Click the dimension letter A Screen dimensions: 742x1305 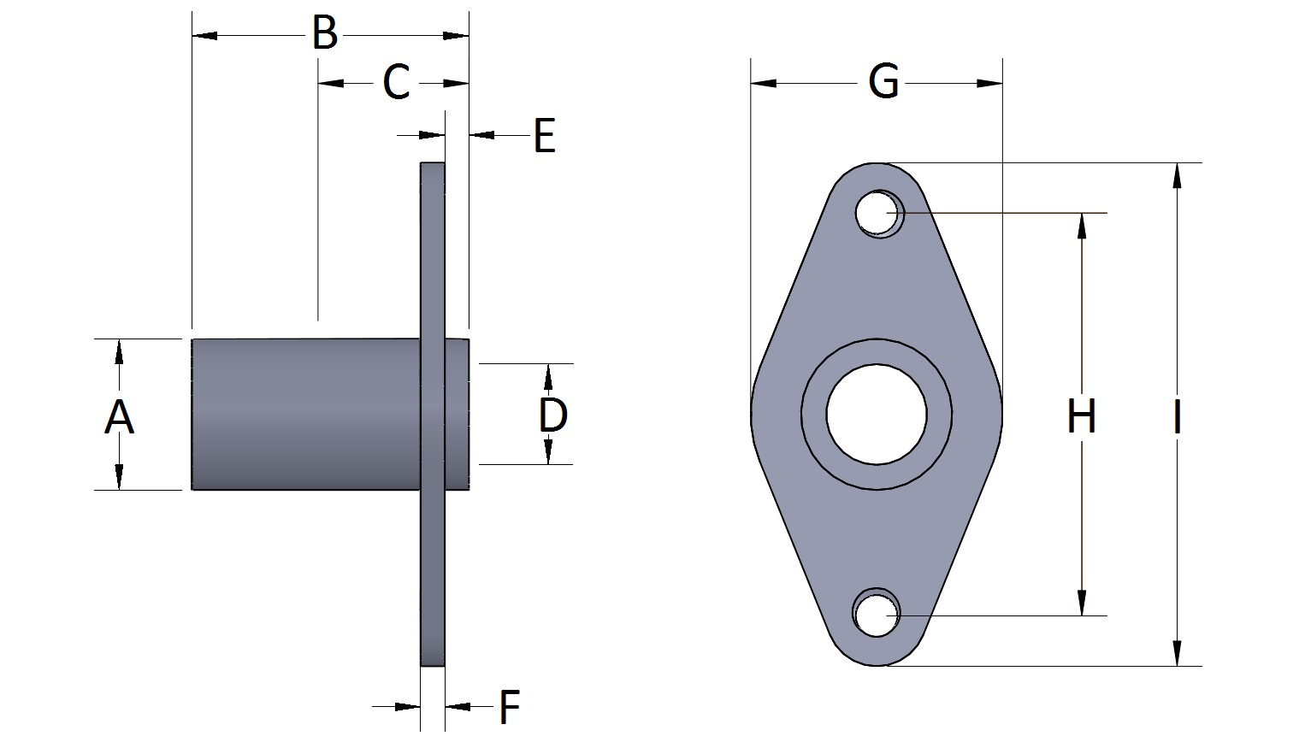tap(119, 418)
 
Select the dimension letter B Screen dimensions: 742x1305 tap(324, 34)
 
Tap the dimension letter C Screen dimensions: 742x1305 tap(396, 83)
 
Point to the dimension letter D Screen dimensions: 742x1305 tap(553, 415)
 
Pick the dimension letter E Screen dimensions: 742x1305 tap(544, 136)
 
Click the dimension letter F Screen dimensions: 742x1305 tap(510, 707)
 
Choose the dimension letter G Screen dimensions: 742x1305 tap(883, 82)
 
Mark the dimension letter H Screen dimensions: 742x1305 tap(1082, 416)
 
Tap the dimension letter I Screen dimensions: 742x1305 tap(1178, 417)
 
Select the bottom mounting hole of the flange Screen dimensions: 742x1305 tap(876, 614)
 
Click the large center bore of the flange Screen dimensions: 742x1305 tap(877, 414)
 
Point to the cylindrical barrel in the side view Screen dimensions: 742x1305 tap(304, 415)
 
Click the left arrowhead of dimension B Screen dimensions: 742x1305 tap(204, 36)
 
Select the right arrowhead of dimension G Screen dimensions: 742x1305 tap(989, 84)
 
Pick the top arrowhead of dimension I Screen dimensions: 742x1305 tap(1178, 175)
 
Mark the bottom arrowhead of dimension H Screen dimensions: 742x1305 tap(1082, 603)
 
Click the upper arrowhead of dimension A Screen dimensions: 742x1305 tap(119, 351)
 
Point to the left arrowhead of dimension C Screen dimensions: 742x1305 tap(330, 84)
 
